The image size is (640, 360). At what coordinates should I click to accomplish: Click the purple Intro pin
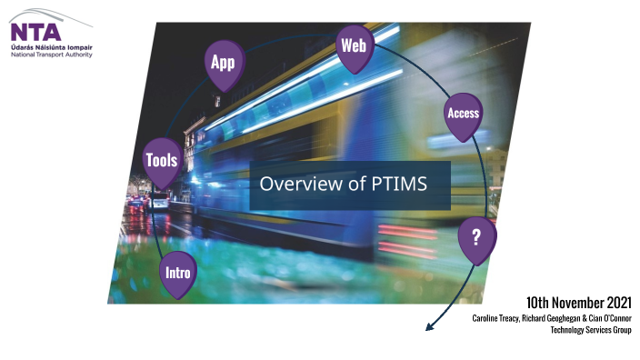click(x=176, y=273)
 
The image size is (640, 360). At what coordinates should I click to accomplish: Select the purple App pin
click(x=223, y=64)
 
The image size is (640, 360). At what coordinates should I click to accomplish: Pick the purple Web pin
click(x=353, y=46)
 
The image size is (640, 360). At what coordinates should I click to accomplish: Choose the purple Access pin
click(x=463, y=115)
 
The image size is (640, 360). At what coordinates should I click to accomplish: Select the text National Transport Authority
click(x=51, y=55)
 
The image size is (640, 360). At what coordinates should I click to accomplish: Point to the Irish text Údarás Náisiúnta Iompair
click(x=50, y=47)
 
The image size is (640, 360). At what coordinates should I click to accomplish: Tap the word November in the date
click(x=573, y=302)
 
